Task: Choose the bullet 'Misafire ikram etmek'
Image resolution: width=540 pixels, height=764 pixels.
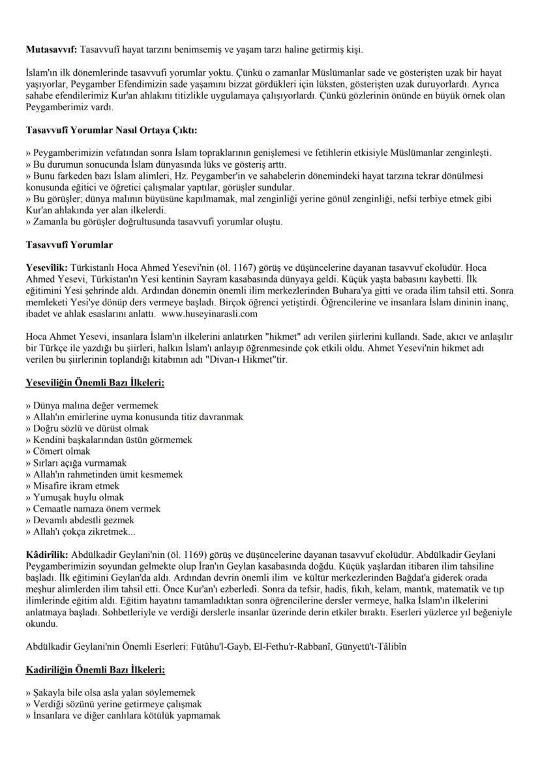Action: [76, 485]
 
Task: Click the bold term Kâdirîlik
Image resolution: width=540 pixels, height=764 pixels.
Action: [46, 554]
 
